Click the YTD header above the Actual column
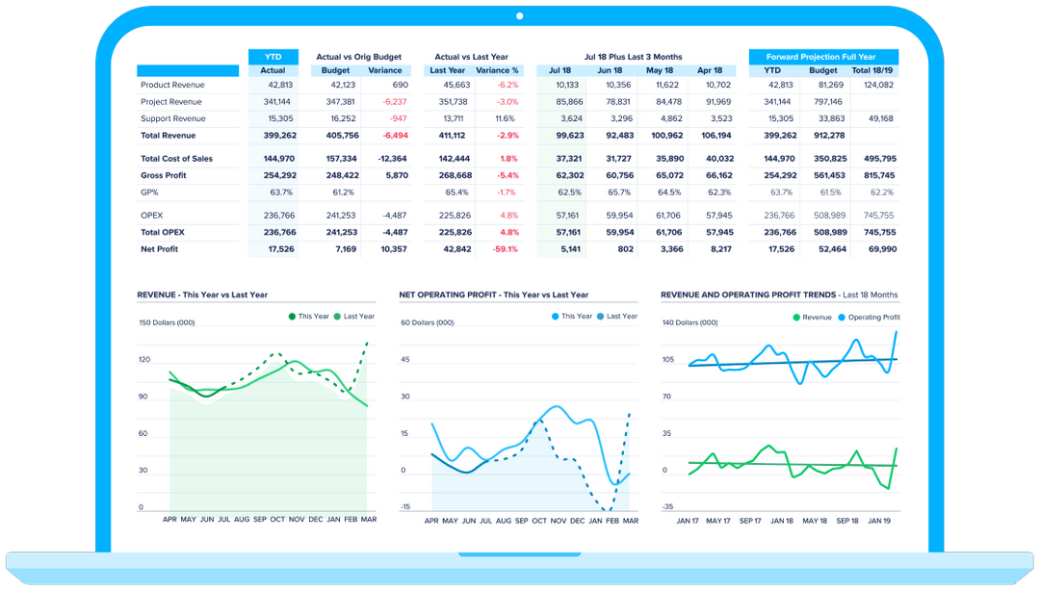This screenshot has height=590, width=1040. [273, 57]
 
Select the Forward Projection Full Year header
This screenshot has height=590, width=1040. [822, 57]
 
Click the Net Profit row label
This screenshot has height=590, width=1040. [160, 249]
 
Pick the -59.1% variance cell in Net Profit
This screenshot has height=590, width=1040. [505, 249]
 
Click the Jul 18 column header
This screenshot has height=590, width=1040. [560, 70]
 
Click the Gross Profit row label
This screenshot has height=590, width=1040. [163, 175]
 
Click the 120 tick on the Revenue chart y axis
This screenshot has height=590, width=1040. [143, 359]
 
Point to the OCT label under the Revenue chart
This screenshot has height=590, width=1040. [277, 520]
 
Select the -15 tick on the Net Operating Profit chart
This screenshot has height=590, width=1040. [405, 506]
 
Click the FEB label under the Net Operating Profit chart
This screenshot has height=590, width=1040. [612, 520]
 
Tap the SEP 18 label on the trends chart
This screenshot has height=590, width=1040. [847, 520]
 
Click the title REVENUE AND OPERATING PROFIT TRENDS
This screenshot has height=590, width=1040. [747, 295]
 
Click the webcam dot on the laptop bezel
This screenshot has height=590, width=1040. [519, 15]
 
